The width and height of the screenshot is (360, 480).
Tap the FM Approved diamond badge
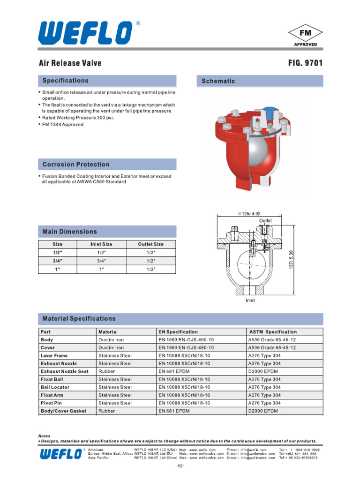click(x=305, y=36)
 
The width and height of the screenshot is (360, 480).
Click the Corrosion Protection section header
click(x=76, y=165)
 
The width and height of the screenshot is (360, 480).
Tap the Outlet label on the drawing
click(x=265, y=220)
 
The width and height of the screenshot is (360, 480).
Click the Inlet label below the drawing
click(x=250, y=300)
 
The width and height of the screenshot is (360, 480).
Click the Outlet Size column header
click(x=150, y=244)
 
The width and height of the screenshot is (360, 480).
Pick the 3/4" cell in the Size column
click(x=58, y=261)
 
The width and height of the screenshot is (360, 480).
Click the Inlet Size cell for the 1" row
click(x=101, y=270)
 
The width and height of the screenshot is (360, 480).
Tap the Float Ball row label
click(x=52, y=379)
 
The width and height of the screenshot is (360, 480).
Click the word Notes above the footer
click(x=44, y=436)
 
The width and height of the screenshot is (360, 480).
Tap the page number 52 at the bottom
click(x=180, y=466)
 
